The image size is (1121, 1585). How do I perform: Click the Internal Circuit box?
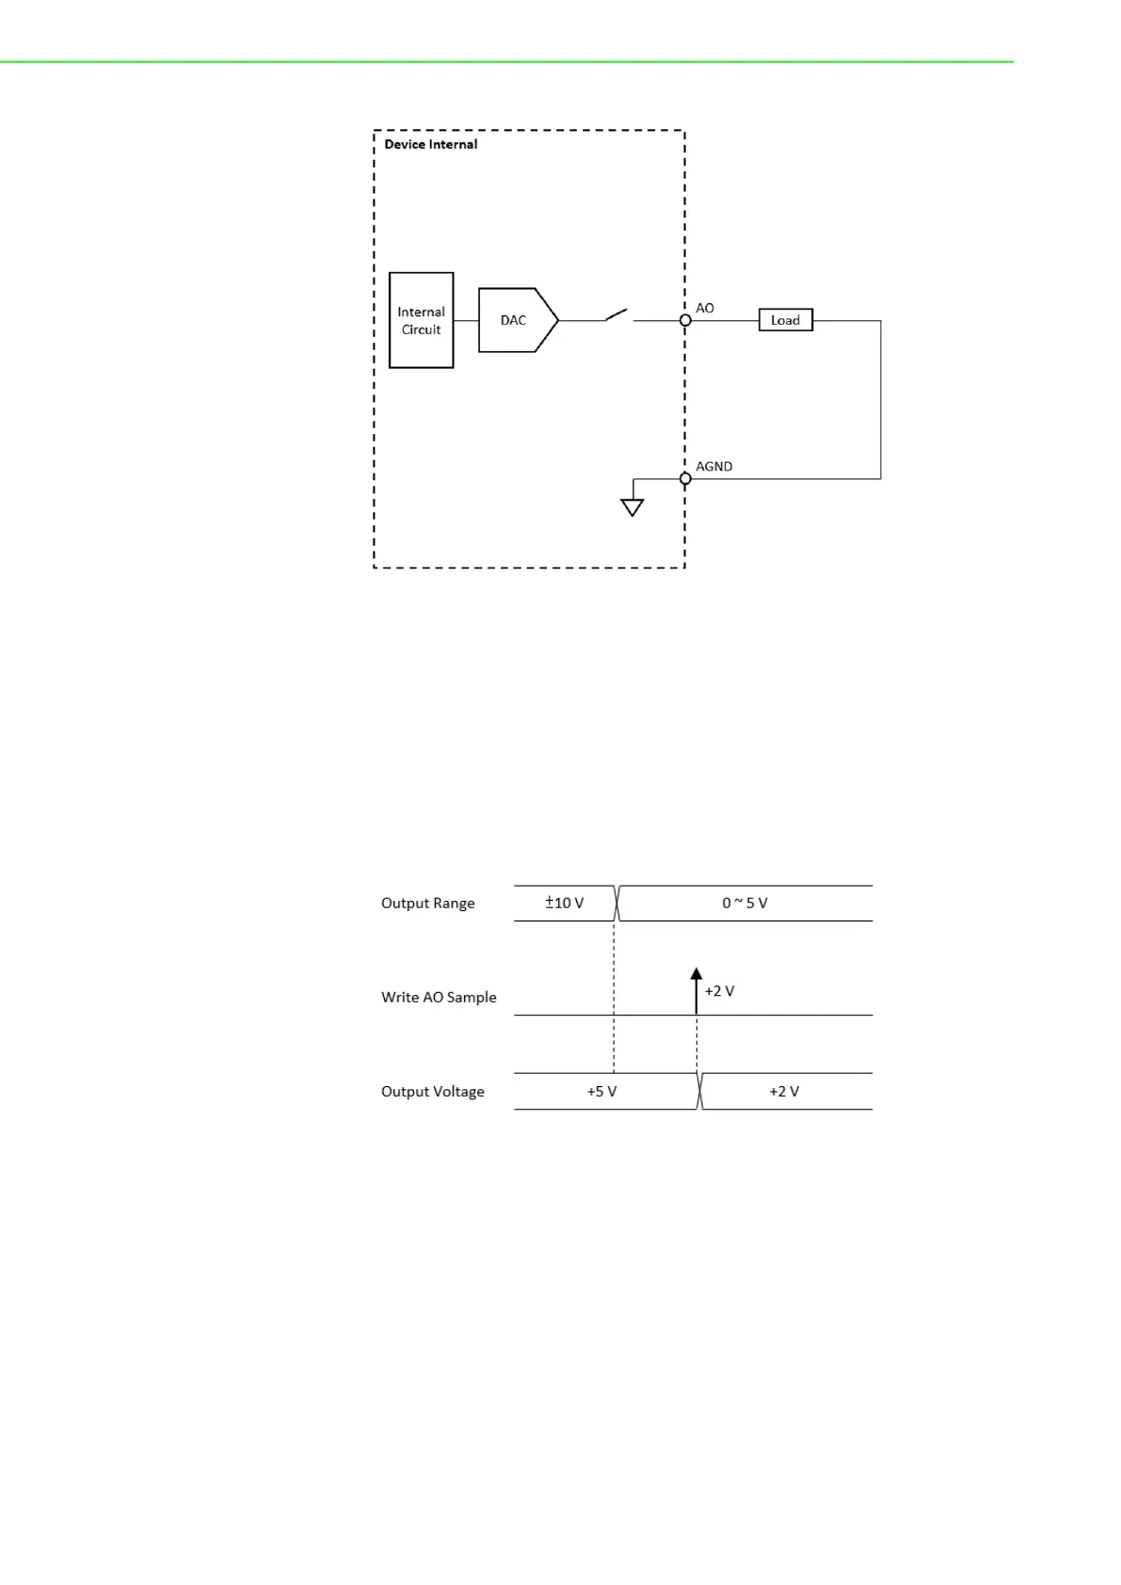point(421,320)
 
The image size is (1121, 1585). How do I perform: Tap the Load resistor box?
point(785,320)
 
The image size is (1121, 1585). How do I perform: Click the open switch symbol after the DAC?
point(617,314)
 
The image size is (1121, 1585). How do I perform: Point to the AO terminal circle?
point(685,320)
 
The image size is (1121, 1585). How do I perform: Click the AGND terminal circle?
point(685,478)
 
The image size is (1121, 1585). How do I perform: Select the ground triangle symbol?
point(633,507)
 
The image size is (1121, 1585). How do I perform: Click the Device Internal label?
point(430,144)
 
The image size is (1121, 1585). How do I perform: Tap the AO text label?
point(705,308)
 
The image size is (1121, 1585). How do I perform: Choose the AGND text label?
point(713,466)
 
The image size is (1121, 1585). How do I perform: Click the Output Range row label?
point(427,903)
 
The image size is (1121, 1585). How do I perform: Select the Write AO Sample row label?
point(439,997)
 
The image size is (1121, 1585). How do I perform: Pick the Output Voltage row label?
point(432,1091)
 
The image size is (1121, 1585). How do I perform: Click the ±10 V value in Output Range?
point(565,903)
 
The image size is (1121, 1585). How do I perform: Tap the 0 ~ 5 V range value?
point(745,903)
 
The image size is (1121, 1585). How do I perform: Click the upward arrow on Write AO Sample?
point(697,988)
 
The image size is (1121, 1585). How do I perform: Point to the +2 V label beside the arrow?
point(719,990)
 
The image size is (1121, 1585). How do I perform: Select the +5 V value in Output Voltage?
point(601,1091)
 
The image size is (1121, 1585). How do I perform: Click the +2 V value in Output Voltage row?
point(784,1091)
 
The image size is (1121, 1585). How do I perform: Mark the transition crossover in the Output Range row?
point(617,903)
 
